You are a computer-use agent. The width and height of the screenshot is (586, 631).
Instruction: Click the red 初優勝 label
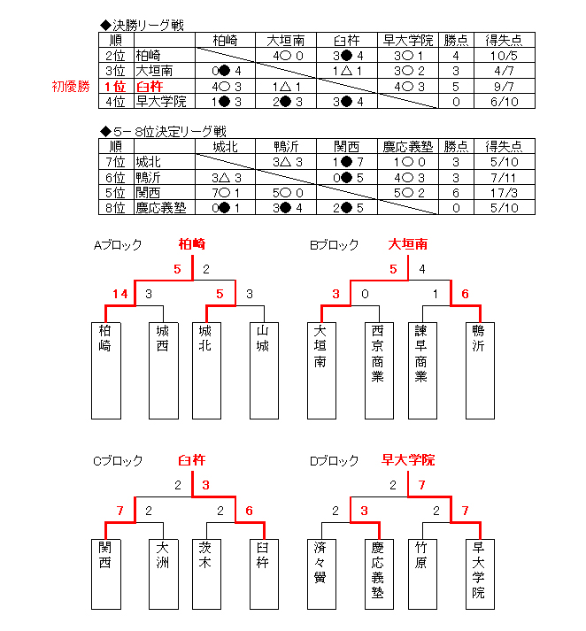(71, 87)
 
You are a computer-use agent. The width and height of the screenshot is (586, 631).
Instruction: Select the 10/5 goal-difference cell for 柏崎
(505, 56)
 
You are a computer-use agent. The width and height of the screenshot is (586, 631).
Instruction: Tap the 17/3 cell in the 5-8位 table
(505, 193)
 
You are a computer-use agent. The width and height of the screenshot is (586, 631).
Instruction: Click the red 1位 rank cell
(116, 87)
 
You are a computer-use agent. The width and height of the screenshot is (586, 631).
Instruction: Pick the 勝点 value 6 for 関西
(456, 193)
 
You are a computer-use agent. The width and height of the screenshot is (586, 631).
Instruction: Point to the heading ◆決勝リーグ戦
(142, 26)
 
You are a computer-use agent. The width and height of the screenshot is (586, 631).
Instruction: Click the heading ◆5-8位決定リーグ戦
(163, 131)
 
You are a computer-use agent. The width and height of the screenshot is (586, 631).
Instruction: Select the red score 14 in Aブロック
(120, 294)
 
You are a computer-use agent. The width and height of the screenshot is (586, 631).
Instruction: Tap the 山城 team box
(264, 371)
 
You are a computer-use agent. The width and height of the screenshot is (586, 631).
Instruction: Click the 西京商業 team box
(379, 371)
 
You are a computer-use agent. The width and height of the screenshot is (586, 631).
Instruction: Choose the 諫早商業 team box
(422, 371)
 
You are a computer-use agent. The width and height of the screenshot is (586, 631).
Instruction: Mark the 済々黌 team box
(321, 574)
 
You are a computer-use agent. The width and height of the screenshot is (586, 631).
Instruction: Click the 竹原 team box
(422, 574)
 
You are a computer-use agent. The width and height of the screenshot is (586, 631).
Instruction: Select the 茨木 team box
(206, 574)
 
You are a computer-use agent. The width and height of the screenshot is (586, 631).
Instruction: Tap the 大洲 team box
(164, 574)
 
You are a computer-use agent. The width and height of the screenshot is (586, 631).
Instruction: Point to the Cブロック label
(118, 461)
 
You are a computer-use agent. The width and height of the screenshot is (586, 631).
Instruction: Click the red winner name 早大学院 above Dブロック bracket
(408, 460)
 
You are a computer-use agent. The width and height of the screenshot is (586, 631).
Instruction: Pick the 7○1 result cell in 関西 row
(226, 193)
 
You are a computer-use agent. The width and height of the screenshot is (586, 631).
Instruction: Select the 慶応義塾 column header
(408, 147)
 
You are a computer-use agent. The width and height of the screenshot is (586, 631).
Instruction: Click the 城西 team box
(164, 371)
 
